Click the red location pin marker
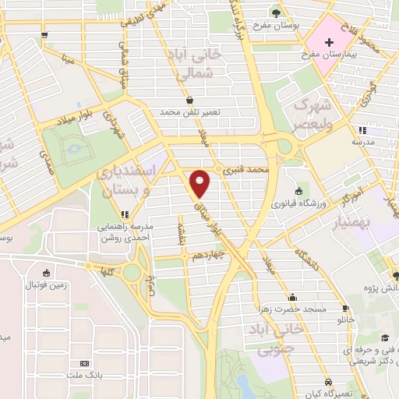coord(200,184)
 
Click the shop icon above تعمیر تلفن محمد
coord(191,100)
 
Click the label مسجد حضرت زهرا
coord(297,309)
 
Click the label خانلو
coord(345,320)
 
